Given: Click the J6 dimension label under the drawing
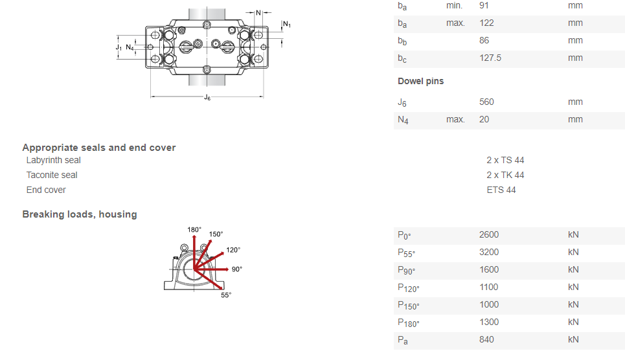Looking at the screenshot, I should click(x=207, y=98).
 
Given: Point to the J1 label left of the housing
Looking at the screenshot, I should click(x=119, y=47).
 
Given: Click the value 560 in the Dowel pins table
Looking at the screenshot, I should click(x=486, y=102).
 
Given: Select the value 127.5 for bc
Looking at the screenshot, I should click(x=490, y=58).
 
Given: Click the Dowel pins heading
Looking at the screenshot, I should click(x=420, y=81).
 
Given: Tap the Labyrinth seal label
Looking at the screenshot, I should click(x=53, y=160).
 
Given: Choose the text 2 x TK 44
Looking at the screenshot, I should click(x=505, y=175).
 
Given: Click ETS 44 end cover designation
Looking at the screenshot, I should click(x=501, y=190).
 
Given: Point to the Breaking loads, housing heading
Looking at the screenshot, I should click(x=80, y=214).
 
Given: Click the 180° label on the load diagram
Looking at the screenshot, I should click(x=194, y=230).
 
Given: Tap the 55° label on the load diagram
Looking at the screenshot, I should click(x=226, y=295).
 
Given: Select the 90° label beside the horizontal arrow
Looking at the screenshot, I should click(x=236, y=269).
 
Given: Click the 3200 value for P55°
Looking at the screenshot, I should click(x=489, y=252).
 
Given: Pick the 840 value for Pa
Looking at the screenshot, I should click(x=486, y=339).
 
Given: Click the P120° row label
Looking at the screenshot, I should click(x=408, y=287).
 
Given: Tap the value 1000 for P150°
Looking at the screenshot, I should click(x=489, y=304).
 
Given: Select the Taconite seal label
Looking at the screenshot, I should click(x=52, y=175).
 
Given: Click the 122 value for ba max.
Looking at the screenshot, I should click(x=486, y=23).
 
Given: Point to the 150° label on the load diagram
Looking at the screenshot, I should click(x=216, y=234).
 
